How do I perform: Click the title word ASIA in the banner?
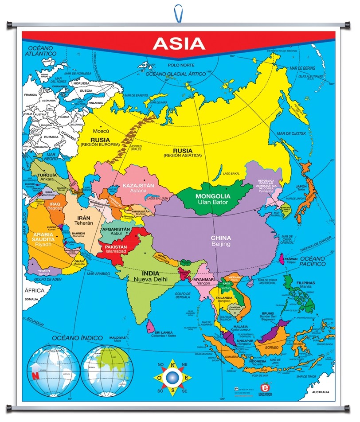179,43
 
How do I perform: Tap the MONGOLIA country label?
213,196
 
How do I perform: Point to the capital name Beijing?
220,244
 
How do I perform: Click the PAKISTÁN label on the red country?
116,246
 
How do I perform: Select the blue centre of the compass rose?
173,378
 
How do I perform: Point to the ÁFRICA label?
34,290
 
